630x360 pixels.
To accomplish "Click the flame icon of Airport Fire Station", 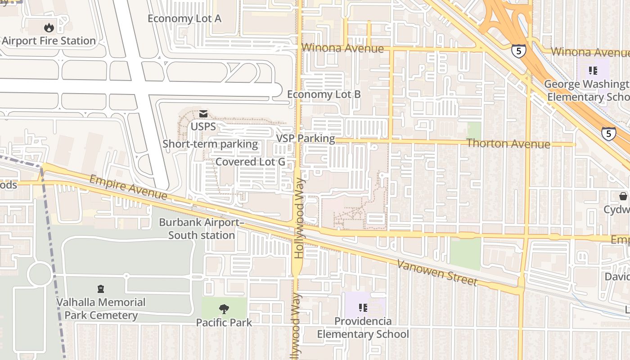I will coord(49,27).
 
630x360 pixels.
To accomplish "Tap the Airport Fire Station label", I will coord(49,41).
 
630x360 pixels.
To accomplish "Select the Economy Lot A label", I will coord(184,18).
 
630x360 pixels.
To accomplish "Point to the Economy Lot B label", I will coord(324,94).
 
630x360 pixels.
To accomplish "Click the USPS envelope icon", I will coord(203,114).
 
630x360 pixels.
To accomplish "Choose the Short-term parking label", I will coord(210,144).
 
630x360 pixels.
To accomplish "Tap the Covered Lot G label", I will coord(250,162).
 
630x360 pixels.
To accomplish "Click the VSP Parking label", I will coord(306,138).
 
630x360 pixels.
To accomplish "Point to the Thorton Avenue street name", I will coord(508,144).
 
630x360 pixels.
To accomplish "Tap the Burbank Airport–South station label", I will coord(202,229).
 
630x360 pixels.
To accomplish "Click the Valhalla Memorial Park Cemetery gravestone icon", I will coord(101,289).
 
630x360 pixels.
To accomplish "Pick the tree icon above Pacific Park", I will coord(224,309).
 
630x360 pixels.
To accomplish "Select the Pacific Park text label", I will coord(224,323).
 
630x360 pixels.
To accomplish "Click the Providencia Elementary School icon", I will coord(363,308).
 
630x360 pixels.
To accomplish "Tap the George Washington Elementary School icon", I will coord(593,70).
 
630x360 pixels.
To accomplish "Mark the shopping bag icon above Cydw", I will coord(623,196).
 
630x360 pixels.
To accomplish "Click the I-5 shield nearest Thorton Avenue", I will coord(608,133).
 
